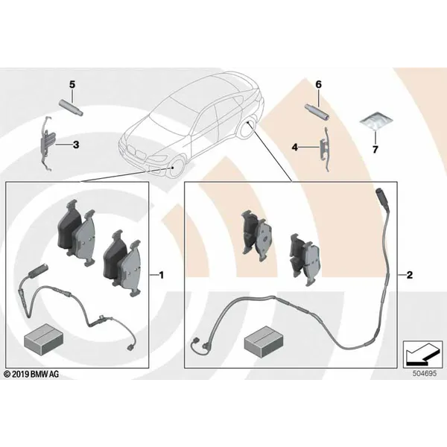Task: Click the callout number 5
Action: pos(72,85)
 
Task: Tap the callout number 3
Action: pos(76,145)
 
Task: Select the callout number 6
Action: pos(318,85)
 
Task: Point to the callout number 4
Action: pos(295,148)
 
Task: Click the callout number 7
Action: pos(375,150)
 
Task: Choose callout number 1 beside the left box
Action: pos(162,275)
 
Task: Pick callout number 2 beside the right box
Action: pos(409,275)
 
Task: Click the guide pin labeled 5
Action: pos(71,107)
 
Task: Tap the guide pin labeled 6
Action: pos(317,112)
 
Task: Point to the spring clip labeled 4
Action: pos(326,149)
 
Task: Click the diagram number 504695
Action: pos(425,373)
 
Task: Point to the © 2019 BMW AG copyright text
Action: pos(31,374)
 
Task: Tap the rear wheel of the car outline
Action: pos(247,127)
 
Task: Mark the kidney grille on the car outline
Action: pos(136,152)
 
